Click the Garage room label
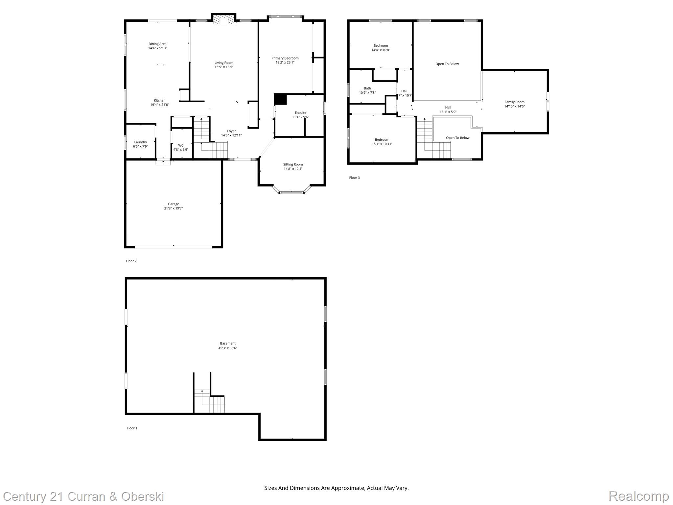[x=174, y=204]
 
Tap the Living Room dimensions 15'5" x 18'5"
[x=224, y=67]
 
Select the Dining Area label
[x=157, y=44]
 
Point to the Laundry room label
[x=141, y=142]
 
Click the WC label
[x=181, y=145]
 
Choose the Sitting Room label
[x=293, y=164]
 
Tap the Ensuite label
[x=300, y=113]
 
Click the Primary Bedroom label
[x=285, y=58]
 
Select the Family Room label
[x=515, y=102]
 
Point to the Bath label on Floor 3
[x=367, y=88]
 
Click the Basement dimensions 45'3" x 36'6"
[x=228, y=348]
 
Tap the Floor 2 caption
[x=131, y=261]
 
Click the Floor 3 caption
[x=354, y=178]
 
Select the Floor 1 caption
[x=132, y=428]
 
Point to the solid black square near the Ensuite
[x=280, y=99]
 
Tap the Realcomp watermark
[x=639, y=496]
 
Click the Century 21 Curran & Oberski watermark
[x=83, y=496]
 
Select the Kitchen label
[x=160, y=100]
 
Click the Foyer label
[x=231, y=131]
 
